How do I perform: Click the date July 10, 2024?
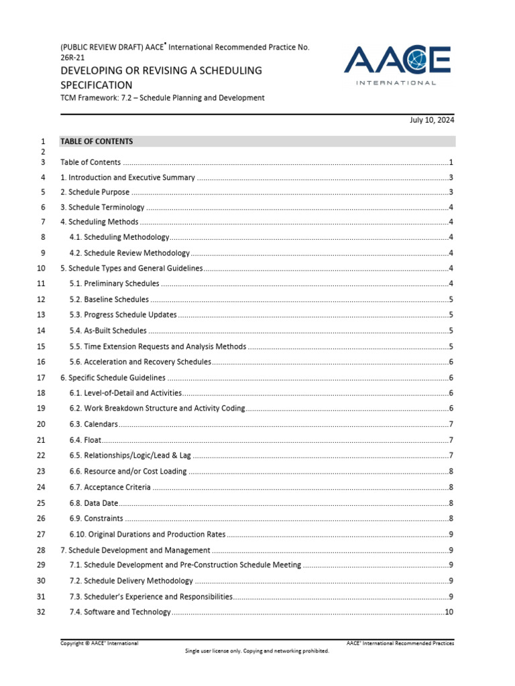click(432, 121)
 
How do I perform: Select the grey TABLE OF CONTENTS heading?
click(97, 141)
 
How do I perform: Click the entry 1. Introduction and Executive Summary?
click(127, 178)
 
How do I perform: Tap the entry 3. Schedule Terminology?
click(102, 208)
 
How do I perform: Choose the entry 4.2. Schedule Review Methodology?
click(129, 253)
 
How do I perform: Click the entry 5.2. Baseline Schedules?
click(109, 299)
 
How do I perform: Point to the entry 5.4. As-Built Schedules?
click(107, 330)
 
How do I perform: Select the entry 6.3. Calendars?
click(93, 424)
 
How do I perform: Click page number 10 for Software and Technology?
click(449, 612)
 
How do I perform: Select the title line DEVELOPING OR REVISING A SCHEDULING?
click(161, 70)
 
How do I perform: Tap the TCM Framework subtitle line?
click(162, 98)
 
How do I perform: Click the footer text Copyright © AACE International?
click(99, 643)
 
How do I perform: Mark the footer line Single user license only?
click(257, 650)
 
